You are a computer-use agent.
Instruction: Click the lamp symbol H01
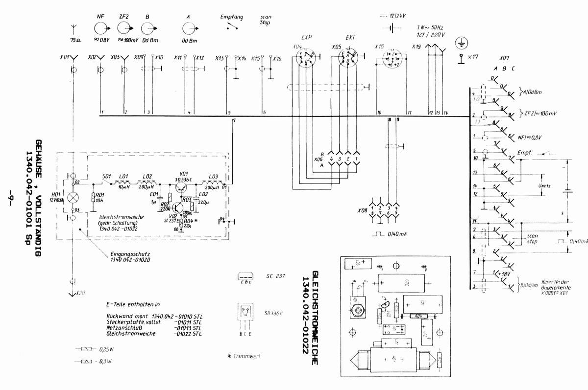(73, 198)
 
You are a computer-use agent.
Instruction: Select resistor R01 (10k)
(93, 198)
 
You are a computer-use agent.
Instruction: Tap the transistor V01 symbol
(183, 184)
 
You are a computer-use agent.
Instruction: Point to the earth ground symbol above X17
(461, 44)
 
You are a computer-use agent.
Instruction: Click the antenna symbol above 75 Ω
(73, 25)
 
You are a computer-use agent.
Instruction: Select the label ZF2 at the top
(123, 17)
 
